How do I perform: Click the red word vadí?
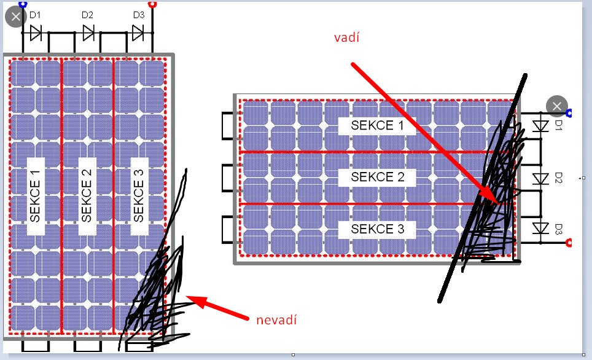[x=346, y=37]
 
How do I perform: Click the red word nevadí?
[x=276, y=320]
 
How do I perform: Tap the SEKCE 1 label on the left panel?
[x=35, y=196]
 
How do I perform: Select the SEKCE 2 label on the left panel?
[x=87, y=196]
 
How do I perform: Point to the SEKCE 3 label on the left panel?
[x=139, y=196]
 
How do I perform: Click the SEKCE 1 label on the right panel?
[x=377, y=125]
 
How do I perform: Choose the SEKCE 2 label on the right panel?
[x=378, y=177]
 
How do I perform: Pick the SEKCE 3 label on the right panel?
[x=378, y=229]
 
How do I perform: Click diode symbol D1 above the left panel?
[x=36, y=33]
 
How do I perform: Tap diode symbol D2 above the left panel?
[x=88, y=33]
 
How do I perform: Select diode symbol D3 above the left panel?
[x=138, y=33]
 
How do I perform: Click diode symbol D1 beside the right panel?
[x=540, y=126]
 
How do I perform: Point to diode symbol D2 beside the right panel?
[x=540, y=178]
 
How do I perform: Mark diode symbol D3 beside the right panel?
[x=540, y=229]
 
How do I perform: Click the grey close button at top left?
[x=16, y=17]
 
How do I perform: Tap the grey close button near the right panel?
[x=557, y=106]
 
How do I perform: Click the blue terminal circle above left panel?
[x=23, y=4]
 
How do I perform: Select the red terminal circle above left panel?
[x=152, y=4]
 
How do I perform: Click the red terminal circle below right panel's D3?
[x=569, y=243]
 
